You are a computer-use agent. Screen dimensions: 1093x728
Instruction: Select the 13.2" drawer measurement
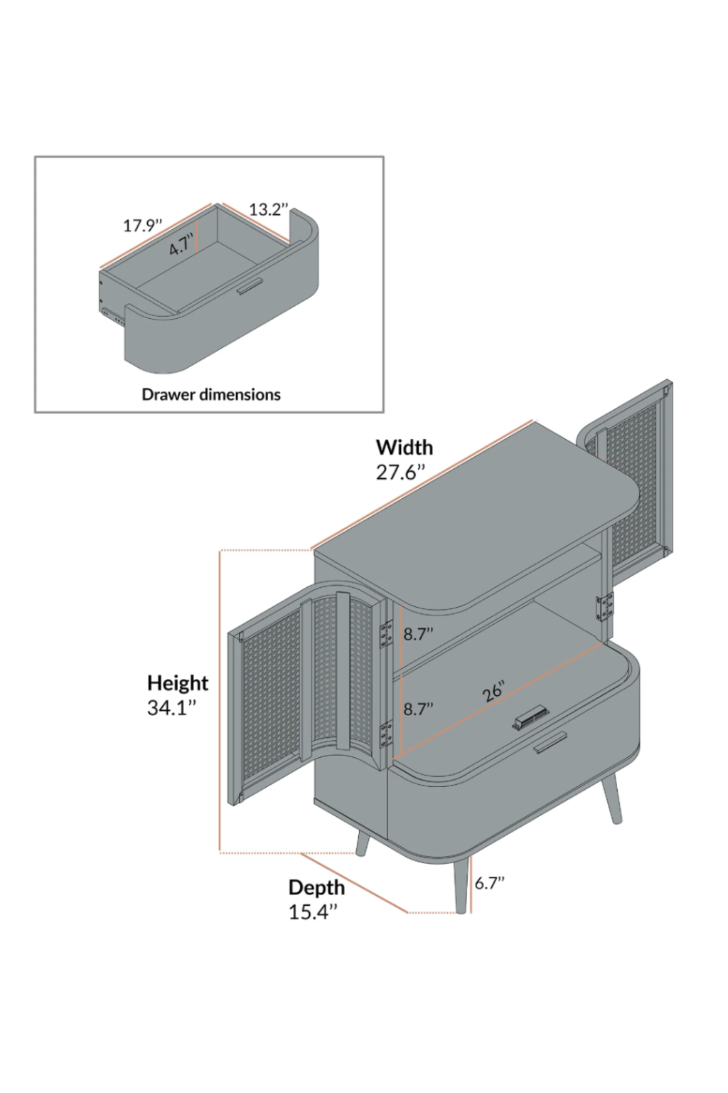click(268, 209)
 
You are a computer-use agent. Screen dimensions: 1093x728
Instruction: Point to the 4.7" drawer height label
click(181, 246)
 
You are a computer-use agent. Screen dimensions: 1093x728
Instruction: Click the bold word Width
click(404, 448)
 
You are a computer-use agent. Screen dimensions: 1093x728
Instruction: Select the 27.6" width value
click(400, 472)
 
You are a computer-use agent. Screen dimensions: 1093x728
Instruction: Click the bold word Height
click(178, 683)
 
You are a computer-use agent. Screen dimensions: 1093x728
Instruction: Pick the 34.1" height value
click(171, 708)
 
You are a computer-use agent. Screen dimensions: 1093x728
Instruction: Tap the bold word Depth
click(316, 887)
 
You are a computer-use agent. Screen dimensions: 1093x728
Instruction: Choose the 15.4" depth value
click(312, 912)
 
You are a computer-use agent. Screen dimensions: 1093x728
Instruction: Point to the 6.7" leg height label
click(489, 883)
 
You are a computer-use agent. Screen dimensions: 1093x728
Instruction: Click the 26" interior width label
click(494, 692)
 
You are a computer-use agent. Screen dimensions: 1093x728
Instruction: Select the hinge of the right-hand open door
click(605, 607)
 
